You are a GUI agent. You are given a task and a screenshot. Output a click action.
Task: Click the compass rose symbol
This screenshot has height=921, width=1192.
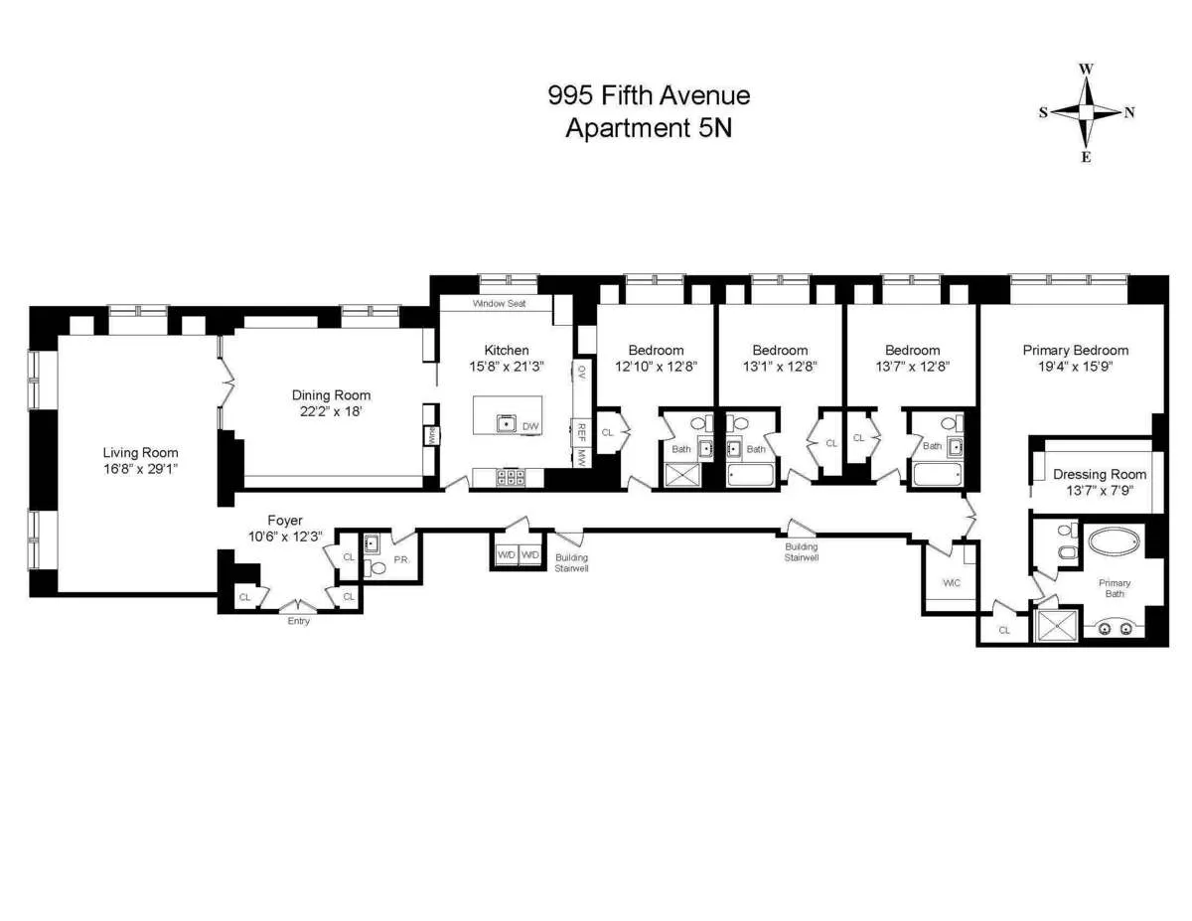pos(1087,112)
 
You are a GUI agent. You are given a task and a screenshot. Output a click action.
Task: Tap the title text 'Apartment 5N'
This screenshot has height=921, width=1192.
pos(648,128)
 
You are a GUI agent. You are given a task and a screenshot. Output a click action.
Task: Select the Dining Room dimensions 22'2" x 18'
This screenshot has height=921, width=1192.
pos(331,412)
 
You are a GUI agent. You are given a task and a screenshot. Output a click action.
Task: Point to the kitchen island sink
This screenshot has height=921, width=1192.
pos(507,424)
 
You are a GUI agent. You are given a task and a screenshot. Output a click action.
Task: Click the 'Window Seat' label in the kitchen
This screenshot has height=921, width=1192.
pos(499,303)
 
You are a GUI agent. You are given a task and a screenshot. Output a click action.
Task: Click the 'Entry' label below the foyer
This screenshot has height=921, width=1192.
pos(298,621)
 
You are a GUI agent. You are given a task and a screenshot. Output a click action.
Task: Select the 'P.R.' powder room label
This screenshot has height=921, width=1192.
pos(402,559)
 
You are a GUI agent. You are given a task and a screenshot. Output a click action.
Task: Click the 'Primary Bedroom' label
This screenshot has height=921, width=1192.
pos(1075,350)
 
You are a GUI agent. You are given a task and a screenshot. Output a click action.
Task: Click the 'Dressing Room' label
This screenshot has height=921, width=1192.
pos(1100,474)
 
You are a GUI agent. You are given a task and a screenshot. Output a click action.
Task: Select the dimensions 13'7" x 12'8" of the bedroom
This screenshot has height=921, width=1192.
pos(912,366)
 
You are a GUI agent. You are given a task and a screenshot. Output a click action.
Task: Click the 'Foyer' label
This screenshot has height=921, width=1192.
pos(284,520)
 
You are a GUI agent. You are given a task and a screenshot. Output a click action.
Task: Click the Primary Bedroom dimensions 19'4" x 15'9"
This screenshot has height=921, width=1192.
pos(1076,366)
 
